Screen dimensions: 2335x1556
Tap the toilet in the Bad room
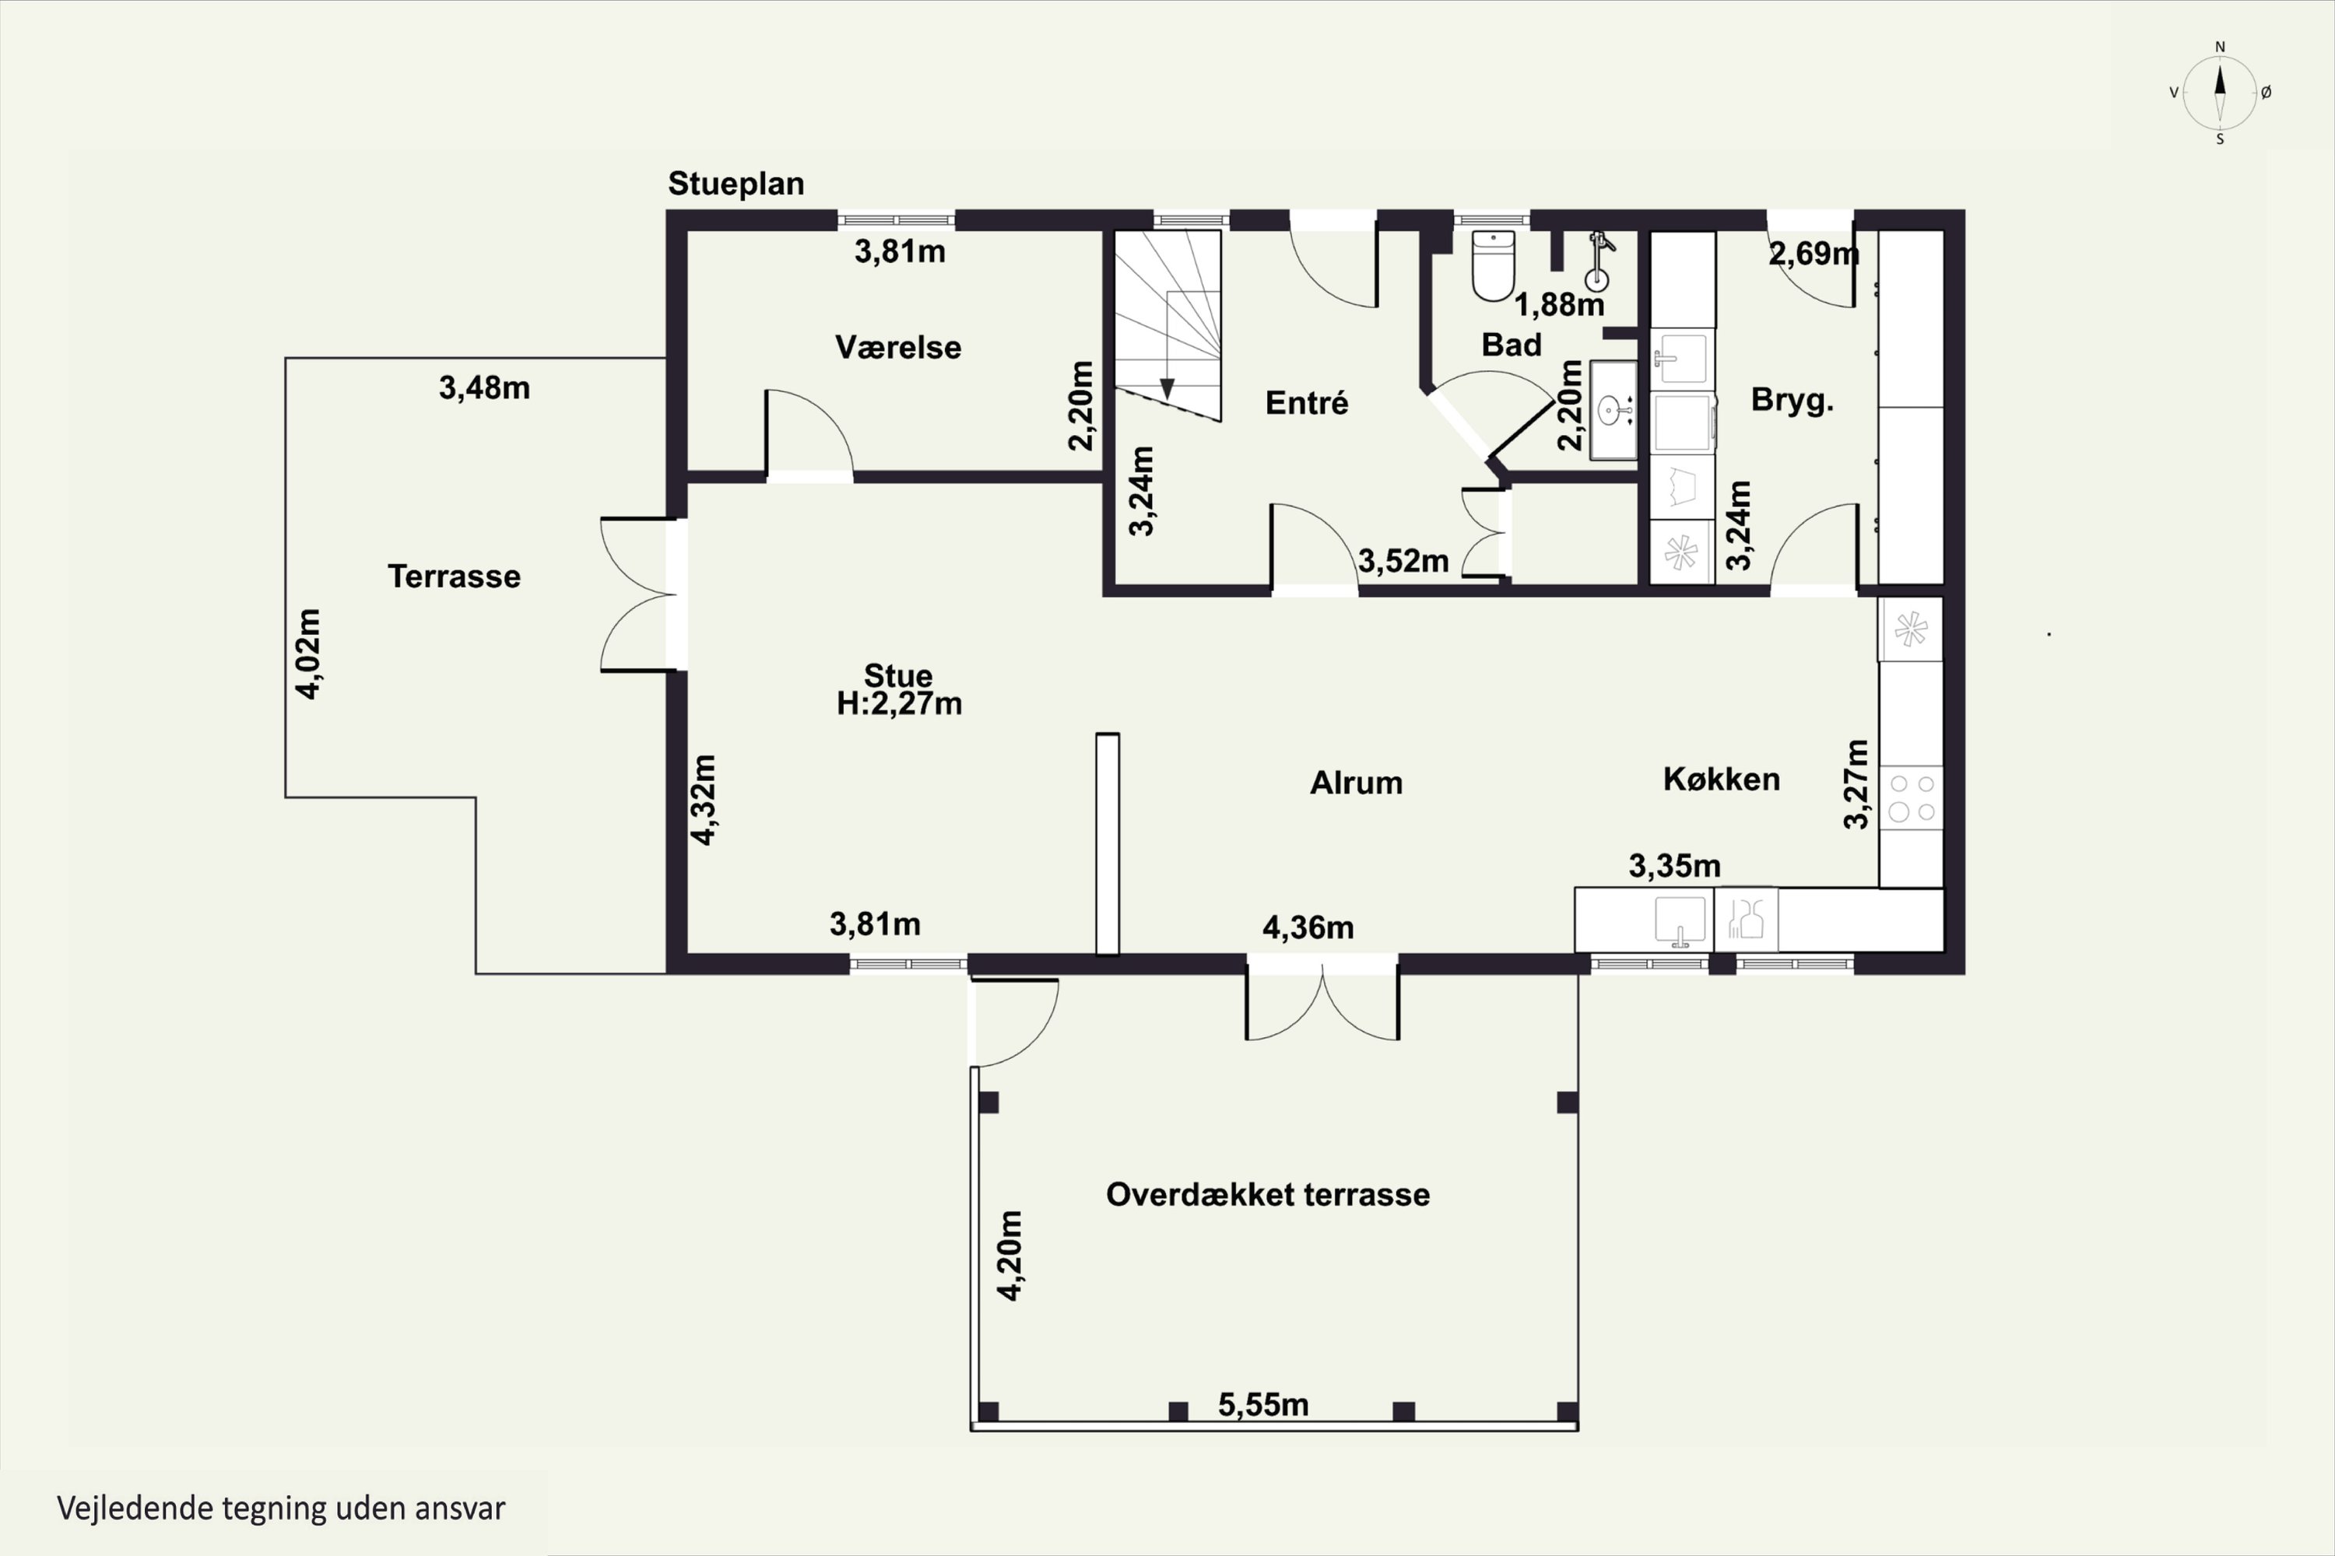click(1493, 265)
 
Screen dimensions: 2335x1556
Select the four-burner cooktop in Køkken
click(1911, 798)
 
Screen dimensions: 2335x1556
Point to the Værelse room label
click(897, 347)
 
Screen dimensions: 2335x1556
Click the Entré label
click(1307, 403)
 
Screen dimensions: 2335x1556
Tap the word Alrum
click(1356, 783)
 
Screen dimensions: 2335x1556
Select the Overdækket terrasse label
click(1268, 1195)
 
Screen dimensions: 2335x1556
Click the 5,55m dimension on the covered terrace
click(1262, 1405)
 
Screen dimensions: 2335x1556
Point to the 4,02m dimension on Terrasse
click(309, 654)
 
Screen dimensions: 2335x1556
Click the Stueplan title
click(736, 184)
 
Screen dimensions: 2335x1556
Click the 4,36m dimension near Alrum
click(1308, 928)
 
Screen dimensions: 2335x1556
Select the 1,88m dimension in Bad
click(1559, 305)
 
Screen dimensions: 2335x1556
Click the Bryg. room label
click(1792, 400)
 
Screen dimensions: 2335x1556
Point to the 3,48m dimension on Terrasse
click(484, 388)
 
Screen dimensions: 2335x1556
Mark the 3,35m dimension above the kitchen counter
click(1674, 867)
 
